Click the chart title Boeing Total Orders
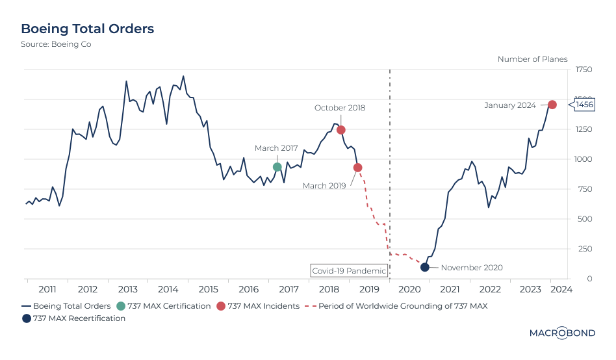[x=87, y=29]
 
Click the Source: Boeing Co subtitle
[x=57, y=45]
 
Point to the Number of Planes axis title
[x=532, y=59]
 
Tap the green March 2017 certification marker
[x=277, y=167]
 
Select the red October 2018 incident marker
[x=340, y=130]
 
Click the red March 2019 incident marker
[x=357, y=168]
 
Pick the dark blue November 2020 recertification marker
[x=425, y=267]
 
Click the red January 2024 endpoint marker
[x=552, y=105]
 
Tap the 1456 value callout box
[x=584, y=105]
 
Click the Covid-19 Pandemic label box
[x=349, y=270]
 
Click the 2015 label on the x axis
[x=208, y=289]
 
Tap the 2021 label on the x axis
[x=450, y=289]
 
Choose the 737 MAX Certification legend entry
[x=163, y=305]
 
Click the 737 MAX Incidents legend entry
[x=258, y=305]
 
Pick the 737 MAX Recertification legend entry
[x=73, y=318]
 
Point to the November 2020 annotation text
[x=472, y=267]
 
